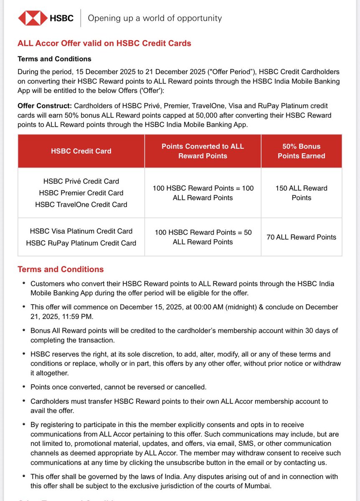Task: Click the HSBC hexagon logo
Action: pos(33,18)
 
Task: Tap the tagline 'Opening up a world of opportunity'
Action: pos(155,18)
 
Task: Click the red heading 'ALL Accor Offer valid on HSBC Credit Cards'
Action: pos(104,43)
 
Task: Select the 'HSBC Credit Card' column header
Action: pos(81,151)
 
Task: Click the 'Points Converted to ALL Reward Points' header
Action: pos(203,151)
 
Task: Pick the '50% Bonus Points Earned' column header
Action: pos(301,151)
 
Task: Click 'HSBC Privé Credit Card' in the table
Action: pos(81,181)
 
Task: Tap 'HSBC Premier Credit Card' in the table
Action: pos(81,193)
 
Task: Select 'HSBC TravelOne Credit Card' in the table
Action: pos(81,205)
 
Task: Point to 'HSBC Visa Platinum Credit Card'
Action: pos(81,231)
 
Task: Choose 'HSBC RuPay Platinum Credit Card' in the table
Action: pos(81,243)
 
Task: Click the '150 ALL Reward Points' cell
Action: pos(301,193)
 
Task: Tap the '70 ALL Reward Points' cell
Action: pos(301,237)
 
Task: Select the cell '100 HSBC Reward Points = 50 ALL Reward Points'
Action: pos(203,237)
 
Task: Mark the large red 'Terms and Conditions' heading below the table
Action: pos(61,269)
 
